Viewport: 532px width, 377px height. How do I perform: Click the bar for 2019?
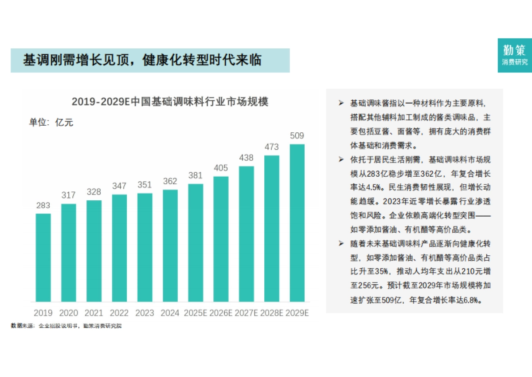43,258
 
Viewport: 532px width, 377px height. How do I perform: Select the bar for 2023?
145,247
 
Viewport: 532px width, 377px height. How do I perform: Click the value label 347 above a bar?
119,186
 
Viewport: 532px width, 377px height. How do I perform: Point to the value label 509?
297,136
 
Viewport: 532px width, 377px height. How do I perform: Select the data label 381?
196,175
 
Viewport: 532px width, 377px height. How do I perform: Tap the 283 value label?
43,206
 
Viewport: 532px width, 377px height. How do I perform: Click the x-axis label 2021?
94,313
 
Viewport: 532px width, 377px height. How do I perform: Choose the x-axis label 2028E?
272,313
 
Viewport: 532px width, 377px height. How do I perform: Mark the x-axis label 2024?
170,313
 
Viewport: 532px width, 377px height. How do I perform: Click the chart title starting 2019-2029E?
170,102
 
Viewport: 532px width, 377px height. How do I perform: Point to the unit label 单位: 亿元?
51,123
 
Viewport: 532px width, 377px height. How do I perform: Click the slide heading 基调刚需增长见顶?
142,60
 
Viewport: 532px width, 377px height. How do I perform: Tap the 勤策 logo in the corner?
515,55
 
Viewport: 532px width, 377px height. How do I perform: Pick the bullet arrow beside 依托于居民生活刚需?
341,159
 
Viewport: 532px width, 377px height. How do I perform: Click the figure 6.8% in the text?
472,300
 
